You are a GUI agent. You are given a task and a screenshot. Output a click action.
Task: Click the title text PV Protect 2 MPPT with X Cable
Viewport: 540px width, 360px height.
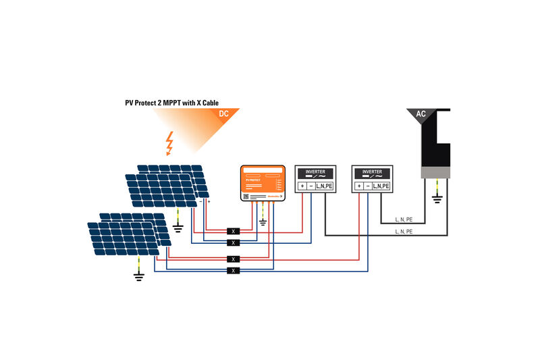pyautogui.click(x=176, y=103)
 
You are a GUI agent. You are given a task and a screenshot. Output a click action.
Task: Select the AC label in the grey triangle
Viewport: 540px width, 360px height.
pyautogui.click(x=421, y=114)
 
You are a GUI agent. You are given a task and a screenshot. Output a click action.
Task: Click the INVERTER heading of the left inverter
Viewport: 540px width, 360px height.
pyautogui.click(x=315, y=172)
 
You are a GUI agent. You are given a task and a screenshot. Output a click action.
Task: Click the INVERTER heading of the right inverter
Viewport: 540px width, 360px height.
pyautogui.click(x=372, y=172)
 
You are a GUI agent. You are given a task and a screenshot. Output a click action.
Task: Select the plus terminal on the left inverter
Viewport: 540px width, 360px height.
pyautogui.click(x=303, y=186)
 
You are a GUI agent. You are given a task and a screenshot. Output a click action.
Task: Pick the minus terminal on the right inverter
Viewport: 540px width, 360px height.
pyautogui.click(x=368, y=186)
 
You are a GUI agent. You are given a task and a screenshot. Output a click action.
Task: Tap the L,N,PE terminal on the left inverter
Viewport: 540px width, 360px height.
pyautogui.click(x=324, y=186)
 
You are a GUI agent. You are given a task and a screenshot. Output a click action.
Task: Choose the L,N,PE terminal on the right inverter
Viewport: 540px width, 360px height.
pyautogui.click(x=381, y=186)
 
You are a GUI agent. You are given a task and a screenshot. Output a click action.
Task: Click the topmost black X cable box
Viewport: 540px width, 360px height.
pyautogui.click(x=233, y=231)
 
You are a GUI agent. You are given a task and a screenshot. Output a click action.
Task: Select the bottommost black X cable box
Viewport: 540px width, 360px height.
pyautogui.click(x=233, y=270)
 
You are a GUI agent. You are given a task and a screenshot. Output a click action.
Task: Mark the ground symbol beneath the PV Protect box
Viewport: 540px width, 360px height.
pyautogui.click(x=263, y=222)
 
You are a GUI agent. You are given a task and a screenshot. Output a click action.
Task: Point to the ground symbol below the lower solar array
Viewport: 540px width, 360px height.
pyautogui.click(x=138, y=275)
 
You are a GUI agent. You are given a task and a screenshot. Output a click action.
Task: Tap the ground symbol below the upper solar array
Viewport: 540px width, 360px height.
pyautogui.click(x=178, y=228)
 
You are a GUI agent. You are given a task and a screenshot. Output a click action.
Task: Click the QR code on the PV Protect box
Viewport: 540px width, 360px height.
pyautogui.click(x=247, y=196)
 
